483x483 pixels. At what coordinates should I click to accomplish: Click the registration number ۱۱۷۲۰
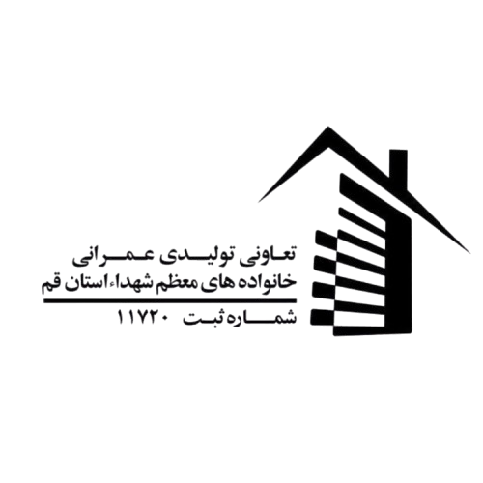click(142, 318)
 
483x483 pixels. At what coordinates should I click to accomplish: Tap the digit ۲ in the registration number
click(155, 318)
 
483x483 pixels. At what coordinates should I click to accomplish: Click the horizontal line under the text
click(170, 300)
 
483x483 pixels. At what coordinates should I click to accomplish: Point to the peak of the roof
click(328, 127)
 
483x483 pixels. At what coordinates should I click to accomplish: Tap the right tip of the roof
click(470, 253)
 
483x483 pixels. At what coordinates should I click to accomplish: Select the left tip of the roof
click(258, 202)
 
